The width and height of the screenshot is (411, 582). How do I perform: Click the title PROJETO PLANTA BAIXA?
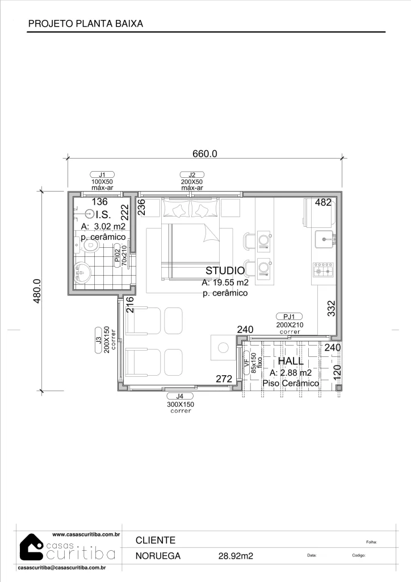click(86, 24)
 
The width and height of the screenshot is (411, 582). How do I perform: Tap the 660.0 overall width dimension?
click(204, 153)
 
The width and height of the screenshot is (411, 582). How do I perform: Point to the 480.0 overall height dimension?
click(37, 291)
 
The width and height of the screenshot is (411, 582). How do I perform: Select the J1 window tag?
click(102, 174)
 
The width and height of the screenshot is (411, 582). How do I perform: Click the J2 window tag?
click(192, 175)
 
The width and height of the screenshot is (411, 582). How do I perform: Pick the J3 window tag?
click(99, 340)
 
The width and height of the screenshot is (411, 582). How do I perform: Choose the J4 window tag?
click(180, 396)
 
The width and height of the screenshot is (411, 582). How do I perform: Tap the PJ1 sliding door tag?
click(289, 317)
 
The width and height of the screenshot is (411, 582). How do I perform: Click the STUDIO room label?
click(225, 271)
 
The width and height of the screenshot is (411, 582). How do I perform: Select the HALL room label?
click(291, 361)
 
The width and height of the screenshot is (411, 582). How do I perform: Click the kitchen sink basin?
click(325, 239)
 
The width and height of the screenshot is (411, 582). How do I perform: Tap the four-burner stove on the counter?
click(324, 270)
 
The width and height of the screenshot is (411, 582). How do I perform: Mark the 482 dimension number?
click(323, 202)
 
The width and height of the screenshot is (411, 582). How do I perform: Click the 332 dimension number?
click(332, 309)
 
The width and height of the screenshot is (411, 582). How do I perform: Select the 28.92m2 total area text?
click(236, 556)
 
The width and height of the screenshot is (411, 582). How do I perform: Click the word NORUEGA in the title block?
click(158, 556)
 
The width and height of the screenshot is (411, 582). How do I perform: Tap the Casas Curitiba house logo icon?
click(31, 548)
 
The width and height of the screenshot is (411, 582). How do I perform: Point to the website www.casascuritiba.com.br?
click(86, 535)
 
